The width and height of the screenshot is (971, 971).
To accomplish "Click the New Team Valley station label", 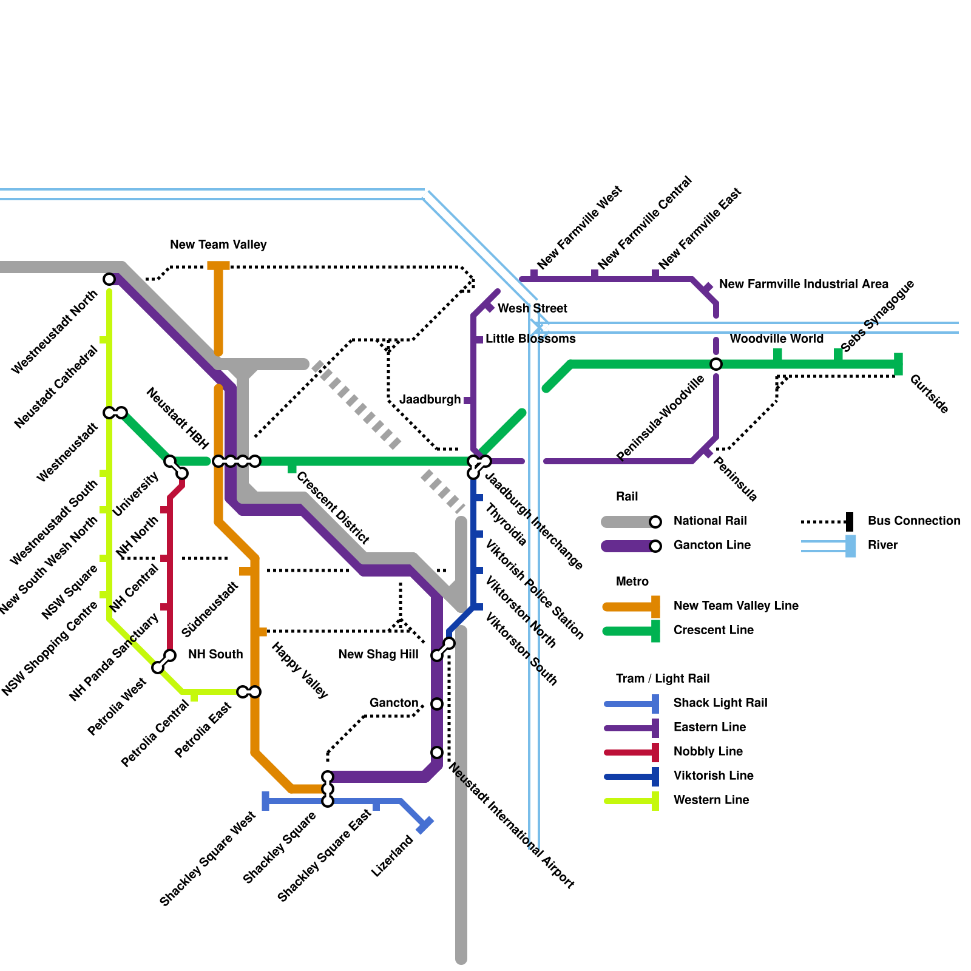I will coord(218,245).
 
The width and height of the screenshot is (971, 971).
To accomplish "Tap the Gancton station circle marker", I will coord(437,704).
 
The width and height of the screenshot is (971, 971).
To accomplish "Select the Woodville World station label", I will coord(776,339).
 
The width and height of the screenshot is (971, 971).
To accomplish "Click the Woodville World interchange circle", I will coord(716,364).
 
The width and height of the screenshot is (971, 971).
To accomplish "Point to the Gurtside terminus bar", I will coord(898,364).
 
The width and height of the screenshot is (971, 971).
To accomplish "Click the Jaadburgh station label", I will coord(430,399).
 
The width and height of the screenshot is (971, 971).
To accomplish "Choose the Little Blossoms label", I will coord(530,339).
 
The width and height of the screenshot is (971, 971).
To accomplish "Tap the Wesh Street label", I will coord(532,308).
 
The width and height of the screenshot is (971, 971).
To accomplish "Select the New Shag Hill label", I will coord(378,654).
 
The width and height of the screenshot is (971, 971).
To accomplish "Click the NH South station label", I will coord(215,654).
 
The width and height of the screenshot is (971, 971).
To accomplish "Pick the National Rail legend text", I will coord(710,521).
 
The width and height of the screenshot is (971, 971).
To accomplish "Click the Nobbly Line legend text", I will coord(708,751).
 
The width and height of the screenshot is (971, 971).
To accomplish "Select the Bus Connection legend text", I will coord(914,521).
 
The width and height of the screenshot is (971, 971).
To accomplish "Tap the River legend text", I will coord(882,545).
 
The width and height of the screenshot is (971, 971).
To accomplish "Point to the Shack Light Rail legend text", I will coord(720,703).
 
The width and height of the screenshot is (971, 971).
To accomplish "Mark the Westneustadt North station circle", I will coord(109,279).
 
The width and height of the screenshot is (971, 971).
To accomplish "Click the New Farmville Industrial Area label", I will coord(804,284).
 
